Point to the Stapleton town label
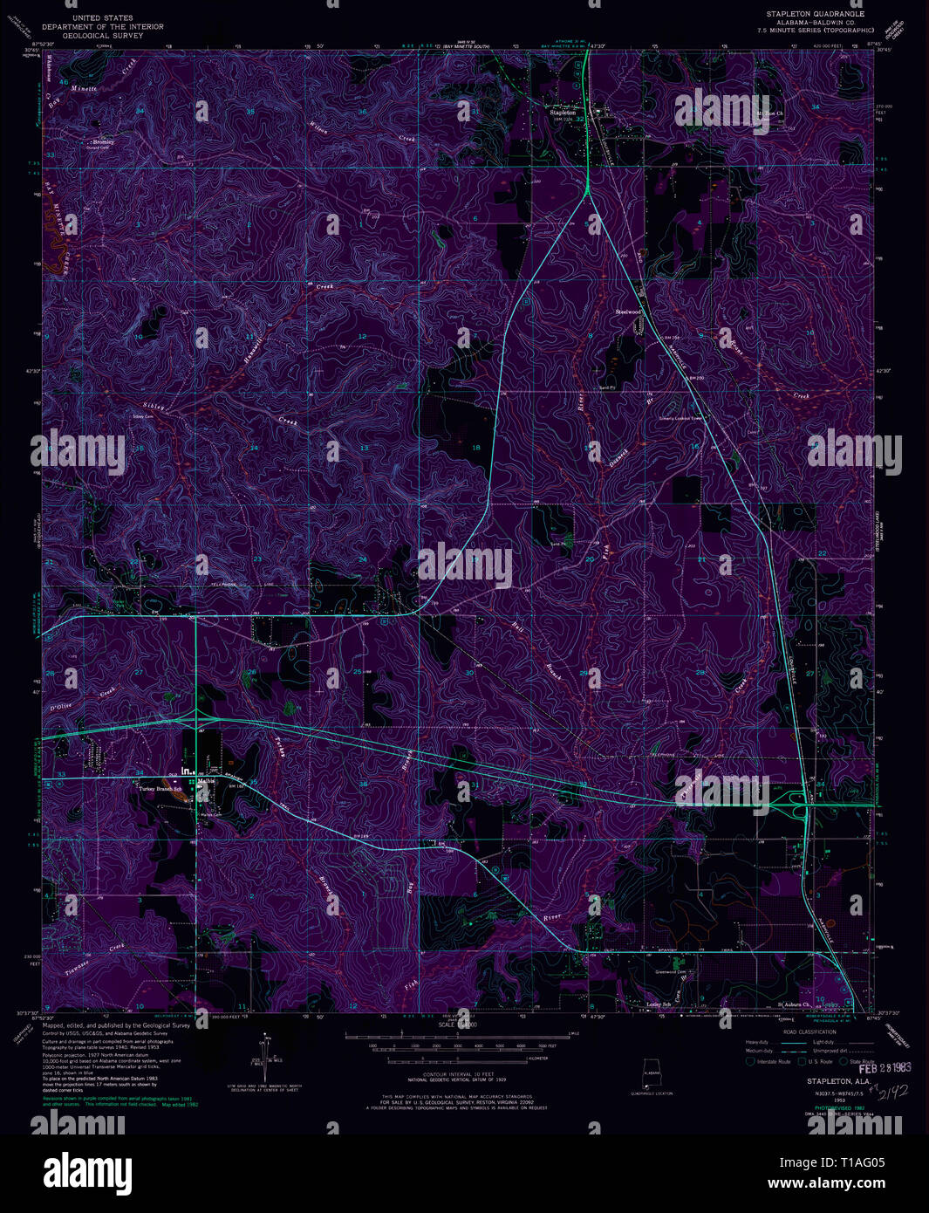pos(562,113)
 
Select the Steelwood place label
pos(628,312)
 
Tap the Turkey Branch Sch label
pos(160,789)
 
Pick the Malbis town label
pos(206,781)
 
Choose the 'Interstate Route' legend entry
pos(772,1061)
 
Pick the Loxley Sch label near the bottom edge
pos(659,1004)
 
